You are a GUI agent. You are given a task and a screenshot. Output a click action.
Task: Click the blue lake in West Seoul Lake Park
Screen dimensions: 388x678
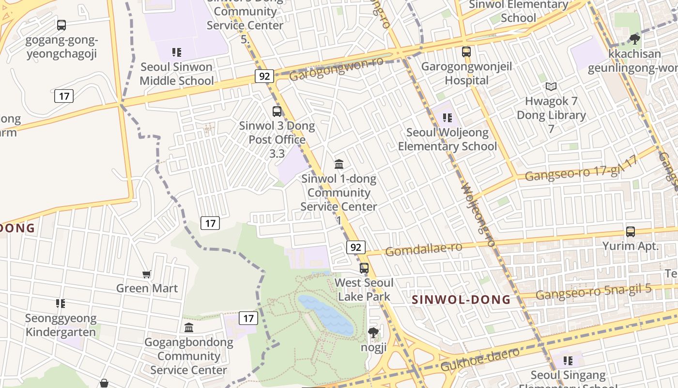327,314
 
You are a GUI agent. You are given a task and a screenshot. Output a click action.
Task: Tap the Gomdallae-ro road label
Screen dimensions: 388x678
424,249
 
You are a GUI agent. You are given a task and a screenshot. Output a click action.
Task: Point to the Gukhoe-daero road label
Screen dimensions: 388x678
479,359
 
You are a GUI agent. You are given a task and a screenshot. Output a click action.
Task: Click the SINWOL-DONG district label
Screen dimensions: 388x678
461,300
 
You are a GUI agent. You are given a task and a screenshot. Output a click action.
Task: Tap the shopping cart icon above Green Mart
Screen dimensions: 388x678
147,275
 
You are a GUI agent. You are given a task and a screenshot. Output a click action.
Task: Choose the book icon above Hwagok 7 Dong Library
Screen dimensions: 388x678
551,87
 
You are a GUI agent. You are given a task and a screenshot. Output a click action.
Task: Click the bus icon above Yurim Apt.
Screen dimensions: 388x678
630,232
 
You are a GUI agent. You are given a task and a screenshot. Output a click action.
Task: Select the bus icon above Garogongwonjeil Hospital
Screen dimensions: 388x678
466,52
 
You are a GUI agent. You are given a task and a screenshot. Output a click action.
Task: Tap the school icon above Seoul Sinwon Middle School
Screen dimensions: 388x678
176,52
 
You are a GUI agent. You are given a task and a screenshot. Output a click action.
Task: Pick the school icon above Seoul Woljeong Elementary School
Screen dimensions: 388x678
447,118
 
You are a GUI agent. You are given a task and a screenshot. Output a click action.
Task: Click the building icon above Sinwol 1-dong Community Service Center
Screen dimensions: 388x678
339,164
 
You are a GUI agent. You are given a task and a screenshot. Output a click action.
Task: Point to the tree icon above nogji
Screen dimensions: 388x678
373,333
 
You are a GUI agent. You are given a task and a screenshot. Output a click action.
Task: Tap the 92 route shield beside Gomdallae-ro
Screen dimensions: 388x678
355,247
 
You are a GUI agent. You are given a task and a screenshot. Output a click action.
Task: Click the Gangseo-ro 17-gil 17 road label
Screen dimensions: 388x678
581,169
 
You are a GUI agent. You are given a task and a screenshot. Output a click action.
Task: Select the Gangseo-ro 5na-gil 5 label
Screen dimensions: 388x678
593,292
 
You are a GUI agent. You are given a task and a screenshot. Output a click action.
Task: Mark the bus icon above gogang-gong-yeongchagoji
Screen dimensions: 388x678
62,25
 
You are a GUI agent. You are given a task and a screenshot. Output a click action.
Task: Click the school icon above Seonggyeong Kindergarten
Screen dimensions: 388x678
61,304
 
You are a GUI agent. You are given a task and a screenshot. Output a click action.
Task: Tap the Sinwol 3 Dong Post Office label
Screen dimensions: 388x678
277,133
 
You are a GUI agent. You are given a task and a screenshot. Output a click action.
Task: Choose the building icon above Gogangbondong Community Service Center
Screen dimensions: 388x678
189,328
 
